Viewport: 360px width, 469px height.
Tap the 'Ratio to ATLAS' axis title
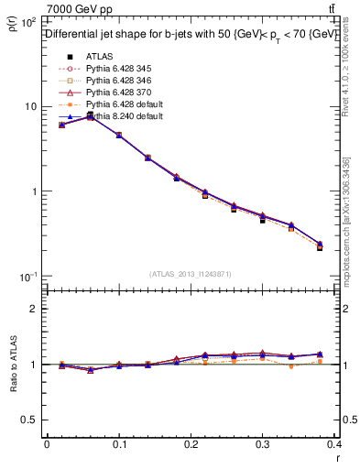pos(13,365)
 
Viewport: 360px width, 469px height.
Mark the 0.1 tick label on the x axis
pos(119,444)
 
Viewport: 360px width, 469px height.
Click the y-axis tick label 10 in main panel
pos(30,106)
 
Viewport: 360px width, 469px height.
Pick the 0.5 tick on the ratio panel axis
pos(32,420)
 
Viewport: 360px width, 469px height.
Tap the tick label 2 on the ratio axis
pos(36,309)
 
